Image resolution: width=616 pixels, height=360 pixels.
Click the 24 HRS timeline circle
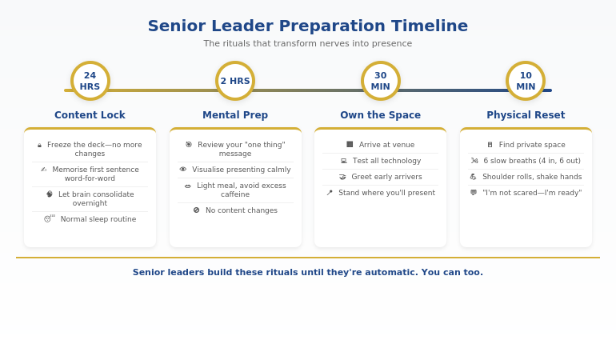90,81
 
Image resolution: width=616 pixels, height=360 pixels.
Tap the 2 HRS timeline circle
235,81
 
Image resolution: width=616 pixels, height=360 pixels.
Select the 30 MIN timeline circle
381,81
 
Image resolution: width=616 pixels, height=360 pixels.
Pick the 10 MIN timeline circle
526,81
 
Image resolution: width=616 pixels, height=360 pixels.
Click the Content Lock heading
90,115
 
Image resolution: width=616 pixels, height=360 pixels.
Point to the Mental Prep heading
235,115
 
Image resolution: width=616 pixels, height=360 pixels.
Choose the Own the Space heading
380,115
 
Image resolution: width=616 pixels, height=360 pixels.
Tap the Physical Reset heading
526,115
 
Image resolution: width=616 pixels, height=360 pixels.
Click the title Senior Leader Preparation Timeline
308,26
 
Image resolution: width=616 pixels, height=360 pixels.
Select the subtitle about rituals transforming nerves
308,44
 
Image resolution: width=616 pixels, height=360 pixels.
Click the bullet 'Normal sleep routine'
98,219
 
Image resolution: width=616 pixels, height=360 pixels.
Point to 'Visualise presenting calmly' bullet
241,170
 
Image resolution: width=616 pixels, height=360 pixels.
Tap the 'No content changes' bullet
241,210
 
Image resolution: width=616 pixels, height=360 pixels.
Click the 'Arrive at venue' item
386,145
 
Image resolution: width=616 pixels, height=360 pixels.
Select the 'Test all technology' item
386,161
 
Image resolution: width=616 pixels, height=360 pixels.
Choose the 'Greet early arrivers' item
386,177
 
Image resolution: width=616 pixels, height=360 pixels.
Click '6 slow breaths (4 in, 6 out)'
532,161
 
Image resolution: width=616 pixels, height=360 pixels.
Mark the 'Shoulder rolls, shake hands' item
532,177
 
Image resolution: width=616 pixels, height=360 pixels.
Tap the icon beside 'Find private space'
490,145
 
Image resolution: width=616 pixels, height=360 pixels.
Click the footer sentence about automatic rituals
308,272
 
